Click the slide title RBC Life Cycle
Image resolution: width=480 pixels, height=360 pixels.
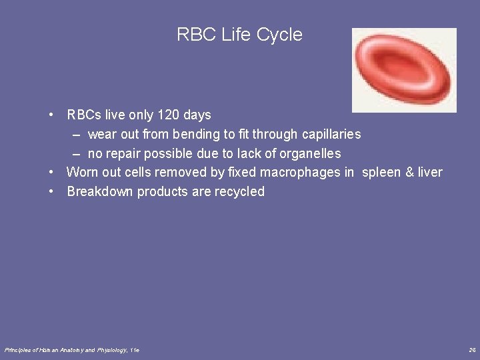point(239,35)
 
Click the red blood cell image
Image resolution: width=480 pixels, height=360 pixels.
point(404,70)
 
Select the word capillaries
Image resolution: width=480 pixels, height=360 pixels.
point(331,135)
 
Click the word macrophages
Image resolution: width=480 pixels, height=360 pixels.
point(300,173)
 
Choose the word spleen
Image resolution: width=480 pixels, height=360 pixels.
point(381,173)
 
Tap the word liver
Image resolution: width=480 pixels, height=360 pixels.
point(429,173)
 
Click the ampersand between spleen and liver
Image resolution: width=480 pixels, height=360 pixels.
point(409,173)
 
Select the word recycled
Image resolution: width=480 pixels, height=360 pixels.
point(239,192)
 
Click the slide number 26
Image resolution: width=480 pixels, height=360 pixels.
point(472,350)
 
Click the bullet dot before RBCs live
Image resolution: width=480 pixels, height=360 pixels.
point(52,115)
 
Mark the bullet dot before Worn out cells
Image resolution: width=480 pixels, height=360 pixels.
point(52,173)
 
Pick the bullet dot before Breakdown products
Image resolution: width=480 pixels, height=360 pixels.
point(52,192)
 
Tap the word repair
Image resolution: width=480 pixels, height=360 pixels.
point(123,154)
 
